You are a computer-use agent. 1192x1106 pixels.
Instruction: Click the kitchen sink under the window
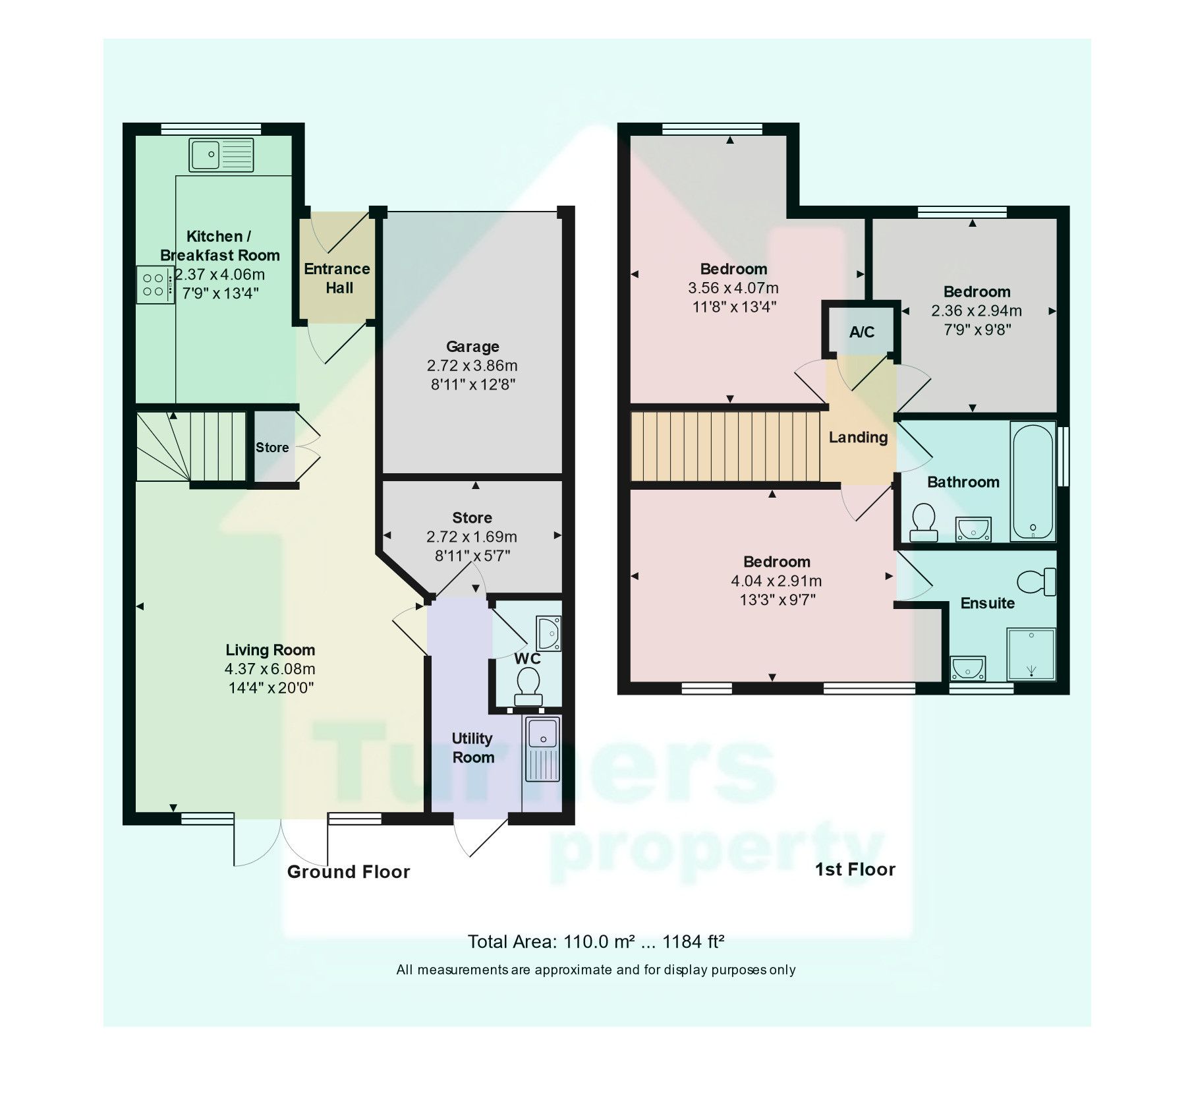click(x=221, y=155)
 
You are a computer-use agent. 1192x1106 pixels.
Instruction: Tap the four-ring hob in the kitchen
click(x=155, y=285)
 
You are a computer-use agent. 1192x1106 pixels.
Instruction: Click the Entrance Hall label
click(x=337, y=278)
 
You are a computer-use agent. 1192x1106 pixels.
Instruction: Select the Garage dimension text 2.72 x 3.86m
click(x=472, y=366)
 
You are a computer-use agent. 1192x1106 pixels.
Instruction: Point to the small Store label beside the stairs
click(x=272, y=448)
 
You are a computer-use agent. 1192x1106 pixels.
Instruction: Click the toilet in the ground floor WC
click(x=528, y=686)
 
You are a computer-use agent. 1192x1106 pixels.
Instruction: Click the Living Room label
click(x=270, y=650)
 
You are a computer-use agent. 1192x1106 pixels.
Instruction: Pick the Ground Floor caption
click(x=349, y=872)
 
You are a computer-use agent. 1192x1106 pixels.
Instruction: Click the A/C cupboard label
click(x=861, y=332)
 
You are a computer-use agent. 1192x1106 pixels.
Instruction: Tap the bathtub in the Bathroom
click(x=1032, y=481)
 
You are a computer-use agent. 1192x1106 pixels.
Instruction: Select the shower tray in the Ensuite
click(x=1031, y=654)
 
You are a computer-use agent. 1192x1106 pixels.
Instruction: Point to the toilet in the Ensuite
click(x=1036, y=581)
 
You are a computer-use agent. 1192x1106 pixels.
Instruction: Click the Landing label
click(x=858, y=438)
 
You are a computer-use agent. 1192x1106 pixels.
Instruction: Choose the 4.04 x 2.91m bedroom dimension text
click(x=776, y=581)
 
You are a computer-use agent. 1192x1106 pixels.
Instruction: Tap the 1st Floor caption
click(x=855, y=869)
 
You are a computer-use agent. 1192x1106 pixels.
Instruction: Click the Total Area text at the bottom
click(x=596, y=942)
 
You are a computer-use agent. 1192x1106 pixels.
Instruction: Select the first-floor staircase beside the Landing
click(x=725, y=446)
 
